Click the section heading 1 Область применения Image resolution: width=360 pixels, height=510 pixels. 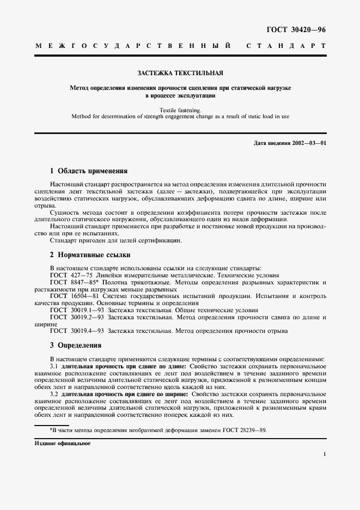[88, 171]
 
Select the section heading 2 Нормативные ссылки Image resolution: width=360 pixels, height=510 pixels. [90, 254]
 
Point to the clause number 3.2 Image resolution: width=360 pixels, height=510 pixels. [54, 393]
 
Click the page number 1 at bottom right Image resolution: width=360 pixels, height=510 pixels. [325, 453]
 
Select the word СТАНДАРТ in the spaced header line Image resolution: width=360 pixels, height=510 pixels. [286, 46]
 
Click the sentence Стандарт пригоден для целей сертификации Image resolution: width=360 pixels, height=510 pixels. [116, 240]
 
